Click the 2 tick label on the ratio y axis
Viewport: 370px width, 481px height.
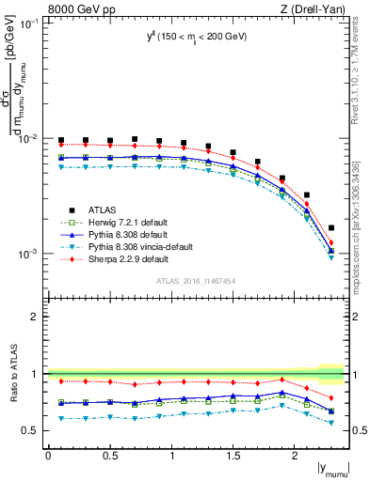[38, 317]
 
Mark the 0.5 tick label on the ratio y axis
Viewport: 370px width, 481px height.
[33, 431]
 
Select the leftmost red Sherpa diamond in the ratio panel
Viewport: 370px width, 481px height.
[61, 381]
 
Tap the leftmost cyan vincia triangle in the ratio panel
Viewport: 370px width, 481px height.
[61, 418]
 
